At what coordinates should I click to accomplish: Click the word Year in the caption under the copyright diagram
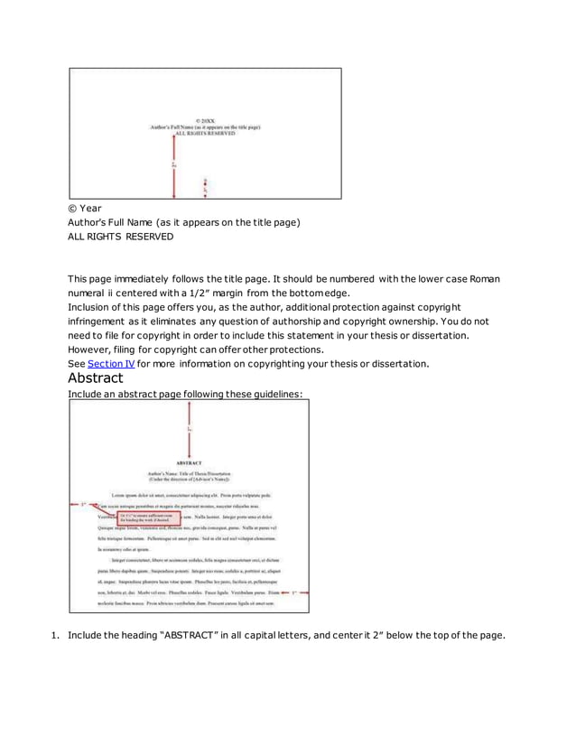point(91,208)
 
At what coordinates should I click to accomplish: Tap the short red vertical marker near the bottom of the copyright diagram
point(206,187)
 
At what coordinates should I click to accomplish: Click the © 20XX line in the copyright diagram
point(205,120)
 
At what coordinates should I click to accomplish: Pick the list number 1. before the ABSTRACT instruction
point(53,635)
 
